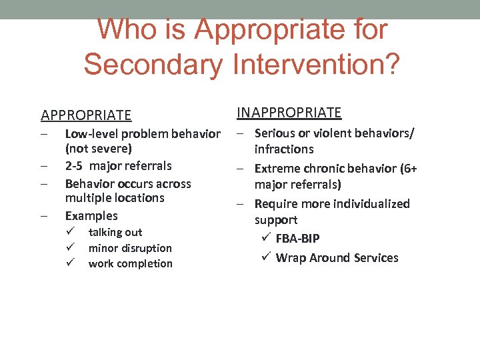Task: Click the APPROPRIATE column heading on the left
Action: [86, 116]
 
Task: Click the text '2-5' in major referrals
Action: [75, 166]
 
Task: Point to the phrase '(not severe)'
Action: [98, 148]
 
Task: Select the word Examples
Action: [91, 216]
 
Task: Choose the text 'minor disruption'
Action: [130, 248]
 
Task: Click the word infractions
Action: [283, 149]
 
